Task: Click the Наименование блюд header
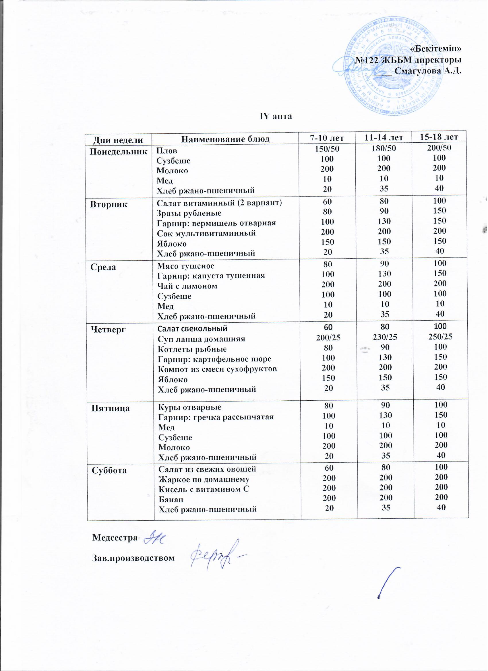[x=225, y=139]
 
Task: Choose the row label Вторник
[x=109, y=204]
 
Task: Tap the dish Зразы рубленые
[x=189, y=213]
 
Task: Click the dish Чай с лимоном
[x=187, y=286]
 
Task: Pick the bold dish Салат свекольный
[x=193, y=328]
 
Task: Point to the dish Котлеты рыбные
[x=192, y=349]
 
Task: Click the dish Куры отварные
[x=190, y=407]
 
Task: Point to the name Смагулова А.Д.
[x=428, y=71]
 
